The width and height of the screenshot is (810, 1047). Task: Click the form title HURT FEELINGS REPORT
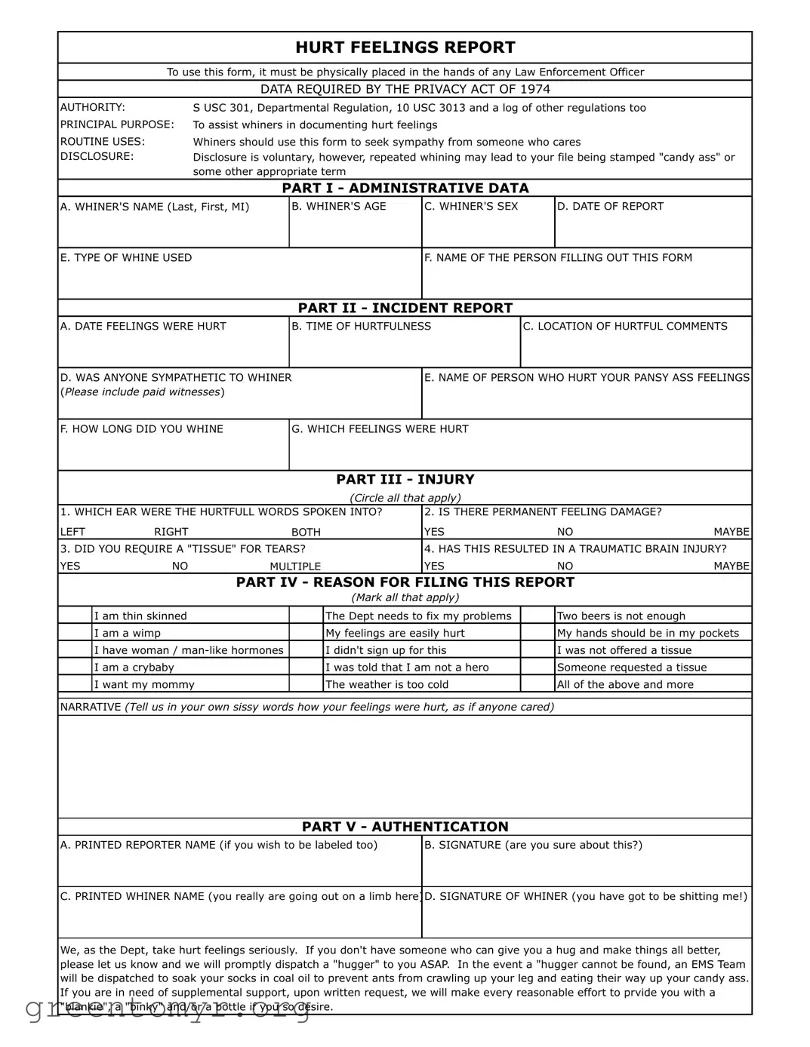click(405, 48)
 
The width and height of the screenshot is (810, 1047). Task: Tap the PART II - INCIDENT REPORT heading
click(405, 308)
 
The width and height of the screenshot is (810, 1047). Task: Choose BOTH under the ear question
click(306, 532)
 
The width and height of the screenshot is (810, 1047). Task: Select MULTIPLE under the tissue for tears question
click(295, 566)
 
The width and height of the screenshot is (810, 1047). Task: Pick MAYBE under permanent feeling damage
click(731, 532)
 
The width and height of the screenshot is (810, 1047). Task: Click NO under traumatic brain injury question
click(565, 566)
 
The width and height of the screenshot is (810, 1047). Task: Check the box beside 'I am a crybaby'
click(75, 668)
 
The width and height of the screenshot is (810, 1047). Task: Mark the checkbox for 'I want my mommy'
click(75, 684)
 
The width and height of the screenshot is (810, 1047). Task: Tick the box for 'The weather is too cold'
click(306, 684)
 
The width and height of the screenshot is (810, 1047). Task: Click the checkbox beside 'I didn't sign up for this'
click(306, 650)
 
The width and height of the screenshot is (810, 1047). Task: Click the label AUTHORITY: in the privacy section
click(93, 108)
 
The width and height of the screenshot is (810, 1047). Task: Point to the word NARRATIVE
click(91, 707)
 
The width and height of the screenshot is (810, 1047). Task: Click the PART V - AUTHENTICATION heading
click(405, 827)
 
